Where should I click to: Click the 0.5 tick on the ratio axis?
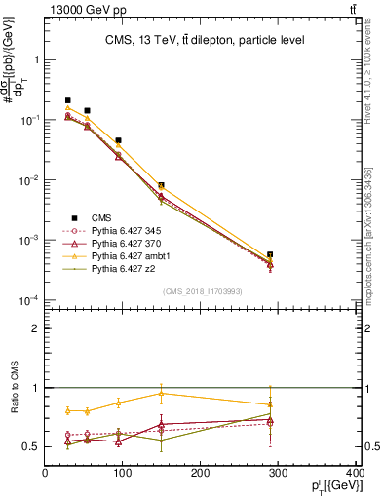point(32,446)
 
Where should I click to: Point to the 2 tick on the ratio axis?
point(36,328)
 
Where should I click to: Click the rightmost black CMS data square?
point(270,254)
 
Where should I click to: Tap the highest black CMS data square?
point(68,100)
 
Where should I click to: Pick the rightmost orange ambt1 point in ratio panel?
point(270,403)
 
